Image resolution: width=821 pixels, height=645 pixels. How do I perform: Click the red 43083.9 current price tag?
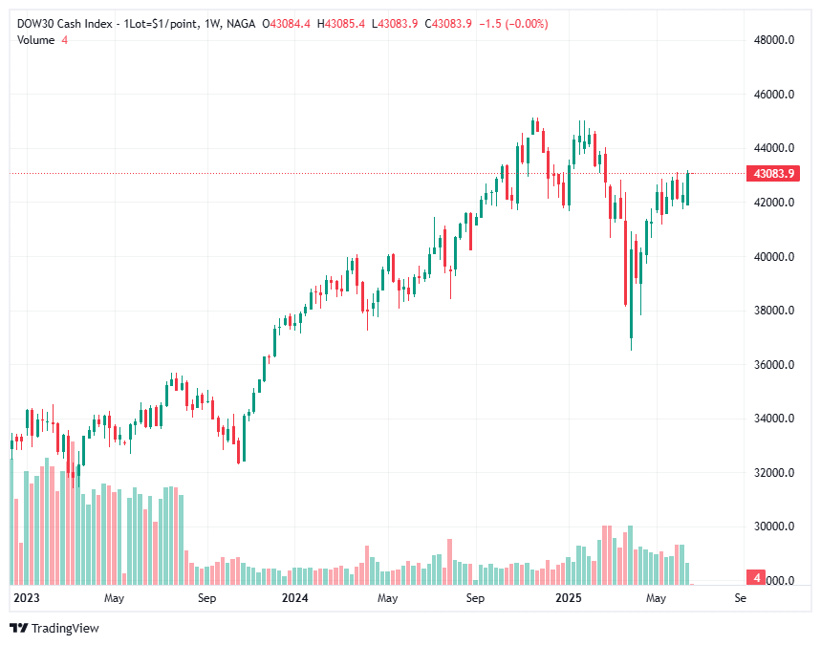pyautogui.click(x=774, y=174)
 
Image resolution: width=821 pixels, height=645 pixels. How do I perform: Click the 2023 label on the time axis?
pyautogui.click(x=25, y=598)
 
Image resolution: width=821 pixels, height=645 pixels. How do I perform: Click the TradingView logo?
pyautogui.click(x=54, y=628)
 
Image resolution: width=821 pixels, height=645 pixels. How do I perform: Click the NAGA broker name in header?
pyautogui.click(x=241, y=23)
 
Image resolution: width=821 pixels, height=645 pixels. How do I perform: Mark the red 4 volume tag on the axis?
pyautogui.click(x=757, y=578)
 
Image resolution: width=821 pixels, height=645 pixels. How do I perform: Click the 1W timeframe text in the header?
pyautogui.click(x=207, y=23)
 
